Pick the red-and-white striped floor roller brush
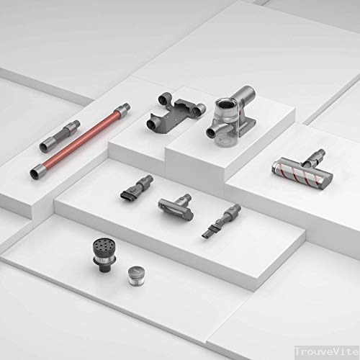click(295, 174)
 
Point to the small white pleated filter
click(136, 276)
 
